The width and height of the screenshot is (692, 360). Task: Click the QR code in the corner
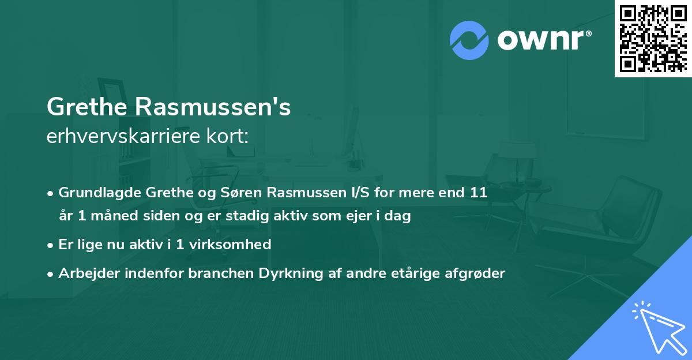pos(653,39)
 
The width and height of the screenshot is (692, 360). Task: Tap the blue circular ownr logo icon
pos(468,39)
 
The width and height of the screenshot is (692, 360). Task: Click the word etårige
pos(414,273)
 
